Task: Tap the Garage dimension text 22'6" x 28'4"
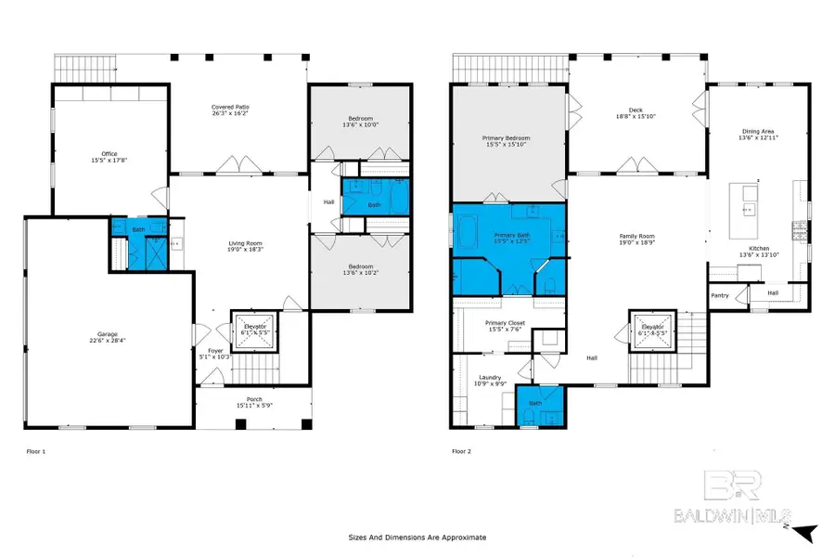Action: click(109, 341)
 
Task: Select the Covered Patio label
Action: click(229, 108)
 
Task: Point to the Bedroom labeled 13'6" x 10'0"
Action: click(361, 125)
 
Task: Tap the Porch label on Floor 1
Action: click(247, 400)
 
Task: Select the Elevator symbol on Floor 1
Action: click(255, 331)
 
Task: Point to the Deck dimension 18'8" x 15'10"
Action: click(636, 115)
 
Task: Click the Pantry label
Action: click(720, 296)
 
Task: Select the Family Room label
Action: click(637, 236)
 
